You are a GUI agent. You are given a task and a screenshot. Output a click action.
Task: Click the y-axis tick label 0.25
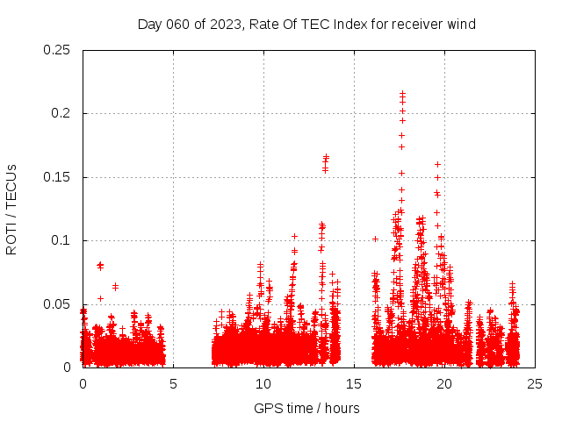click(58, 50)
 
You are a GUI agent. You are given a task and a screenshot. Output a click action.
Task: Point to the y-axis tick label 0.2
click(61, 113)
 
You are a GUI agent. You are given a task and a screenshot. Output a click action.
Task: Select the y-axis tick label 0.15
click(58, 177)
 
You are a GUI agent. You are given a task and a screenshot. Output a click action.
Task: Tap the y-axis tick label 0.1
click(61, 240)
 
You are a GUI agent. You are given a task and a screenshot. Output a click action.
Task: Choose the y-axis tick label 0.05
click(58, 304)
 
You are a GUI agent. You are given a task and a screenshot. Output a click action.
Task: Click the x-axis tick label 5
click(173, 384)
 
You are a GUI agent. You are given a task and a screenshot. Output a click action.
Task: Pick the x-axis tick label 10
click(263, 384)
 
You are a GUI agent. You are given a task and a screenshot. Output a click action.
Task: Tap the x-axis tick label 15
click(354, 384)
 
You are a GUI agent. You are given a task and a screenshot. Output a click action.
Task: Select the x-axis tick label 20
click(444, 384)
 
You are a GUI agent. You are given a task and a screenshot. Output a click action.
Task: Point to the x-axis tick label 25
click(535, 384)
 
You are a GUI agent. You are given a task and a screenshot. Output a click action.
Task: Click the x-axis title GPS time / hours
click(306, 408)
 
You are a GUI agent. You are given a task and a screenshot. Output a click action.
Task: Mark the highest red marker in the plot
click(402, 93)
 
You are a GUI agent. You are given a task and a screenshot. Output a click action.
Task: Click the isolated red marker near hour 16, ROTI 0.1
click(375, 239)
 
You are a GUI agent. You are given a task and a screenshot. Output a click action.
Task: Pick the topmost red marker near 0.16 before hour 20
click(437, 164)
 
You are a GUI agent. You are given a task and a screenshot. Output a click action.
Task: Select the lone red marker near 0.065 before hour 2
click(115, 287)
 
